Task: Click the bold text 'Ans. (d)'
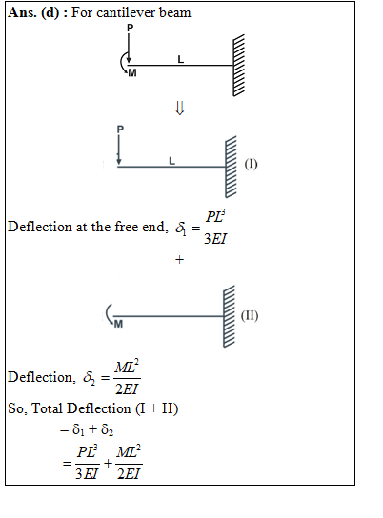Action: click(x=33, y=13)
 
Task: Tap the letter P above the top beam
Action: click(x=131, y=28)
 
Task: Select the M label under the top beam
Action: click(x=132, y=72)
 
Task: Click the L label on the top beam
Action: click(x=180, y=59)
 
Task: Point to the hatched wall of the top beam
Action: click(x=238, y=66)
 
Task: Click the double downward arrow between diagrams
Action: click(x=179, y=108)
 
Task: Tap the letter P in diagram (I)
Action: click(x=120, y=129)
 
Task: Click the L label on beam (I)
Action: click(x=171, y=161)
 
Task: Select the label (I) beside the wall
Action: click(x=251, y=164)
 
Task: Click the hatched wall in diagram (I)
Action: click(x=231, y=167)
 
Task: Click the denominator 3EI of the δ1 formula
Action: click(x=215, y=238)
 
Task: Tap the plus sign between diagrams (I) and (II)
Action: click(x=179, y=260)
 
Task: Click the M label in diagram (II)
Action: click(x=118, y=324)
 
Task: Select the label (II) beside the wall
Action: click(x=250, y=315)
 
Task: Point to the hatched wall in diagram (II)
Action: click(x=229, y=316)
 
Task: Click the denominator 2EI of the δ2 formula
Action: click(x=127, y=389)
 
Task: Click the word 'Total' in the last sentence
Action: click(x=47, y=408)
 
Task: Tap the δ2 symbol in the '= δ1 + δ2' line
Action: click(x=108, y=429)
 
